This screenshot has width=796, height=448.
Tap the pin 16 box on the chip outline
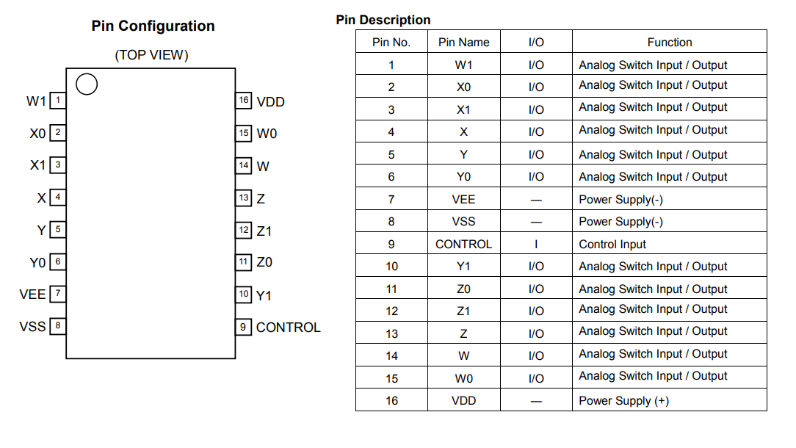coord(244,100)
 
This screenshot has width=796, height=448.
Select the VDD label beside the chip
coord(270,102)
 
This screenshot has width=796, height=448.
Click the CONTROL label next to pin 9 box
coord(289,328)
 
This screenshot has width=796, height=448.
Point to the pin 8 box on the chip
coord(58,325)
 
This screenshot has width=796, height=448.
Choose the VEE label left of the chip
coord(32,295)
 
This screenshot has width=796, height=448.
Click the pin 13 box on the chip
coord(244,198)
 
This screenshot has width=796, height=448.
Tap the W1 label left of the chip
coord(36,101)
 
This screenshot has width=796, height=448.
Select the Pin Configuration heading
coord(153,26)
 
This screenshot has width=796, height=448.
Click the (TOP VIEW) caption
coord(151,55)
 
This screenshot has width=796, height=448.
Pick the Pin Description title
coord(383,20)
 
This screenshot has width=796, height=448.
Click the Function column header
coord(670,42)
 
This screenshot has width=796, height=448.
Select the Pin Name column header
coord(464,42)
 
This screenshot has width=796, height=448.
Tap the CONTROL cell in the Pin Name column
coord(464,245)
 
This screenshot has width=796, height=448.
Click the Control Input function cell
coord(612,245)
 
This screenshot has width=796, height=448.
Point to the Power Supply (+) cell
coord(624,401)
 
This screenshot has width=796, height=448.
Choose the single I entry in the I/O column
coord(536,245)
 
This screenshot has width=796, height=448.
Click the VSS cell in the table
coord(464,222)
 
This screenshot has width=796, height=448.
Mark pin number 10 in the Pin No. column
coord(391,267)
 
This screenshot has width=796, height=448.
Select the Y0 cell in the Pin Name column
coord(464,177)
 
